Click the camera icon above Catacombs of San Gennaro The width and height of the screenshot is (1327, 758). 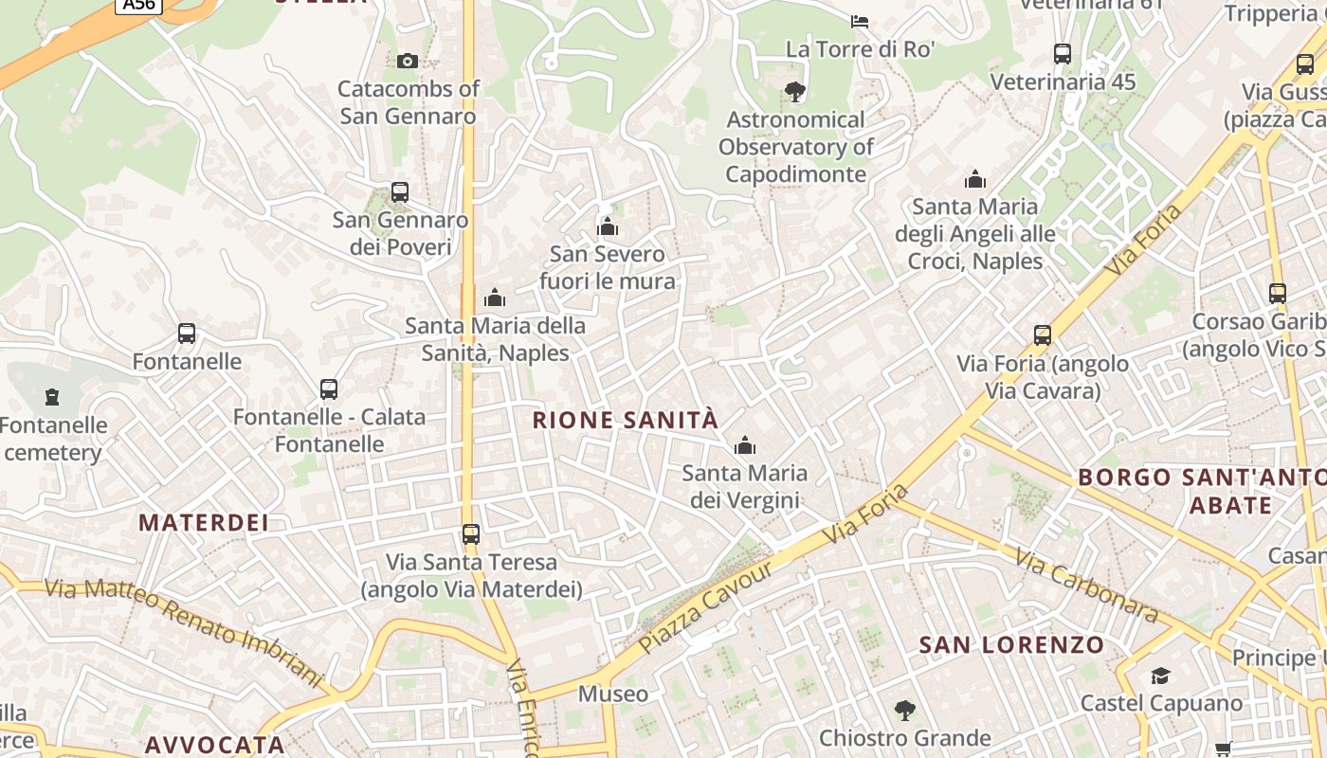pyautogui.click(x=408, y=62)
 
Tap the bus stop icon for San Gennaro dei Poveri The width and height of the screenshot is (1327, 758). pyautogui.click(x=400, y=192)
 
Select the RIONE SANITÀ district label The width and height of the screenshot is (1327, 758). pyautogui.click(x=626, y=420)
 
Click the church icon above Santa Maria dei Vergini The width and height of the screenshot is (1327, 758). pyautogui.click(x=745, y=445)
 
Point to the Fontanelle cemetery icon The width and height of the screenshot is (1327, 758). pyautogui.click(x=52, y=397)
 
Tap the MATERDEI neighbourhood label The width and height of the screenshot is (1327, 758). pyautogui.click(x=204, y=522)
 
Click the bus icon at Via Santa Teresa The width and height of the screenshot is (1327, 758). pyautogui.click(x=471, y=534)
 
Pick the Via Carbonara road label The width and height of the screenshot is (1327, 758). pyautogui.click(x=1086, y=586)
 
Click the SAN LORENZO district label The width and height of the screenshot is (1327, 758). pyautogui.click(x=1011, y=645)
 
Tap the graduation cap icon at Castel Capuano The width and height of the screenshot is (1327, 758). pyautogui.click(x=1160, y=676)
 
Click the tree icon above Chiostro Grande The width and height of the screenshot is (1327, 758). pyautogui.click(x=904, y=710)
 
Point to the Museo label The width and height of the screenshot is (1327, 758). pyautogui.click(x=613, y=694)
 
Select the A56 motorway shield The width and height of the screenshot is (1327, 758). pyautogui.click(x=138, y=5)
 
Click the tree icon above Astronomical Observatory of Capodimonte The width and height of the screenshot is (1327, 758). pyautogui.click(x=795, y=92)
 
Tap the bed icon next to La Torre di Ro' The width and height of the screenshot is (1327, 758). pyautogui.click(x=860, y=22)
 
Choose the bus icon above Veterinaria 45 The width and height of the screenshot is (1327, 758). pyautogui.click(x=1063, y=54)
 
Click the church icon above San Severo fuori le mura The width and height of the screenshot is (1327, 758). pyautogui.click(x=608, y=226)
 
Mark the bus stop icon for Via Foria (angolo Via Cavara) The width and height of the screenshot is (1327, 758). pyautogui.click(x=1043, y=335)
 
